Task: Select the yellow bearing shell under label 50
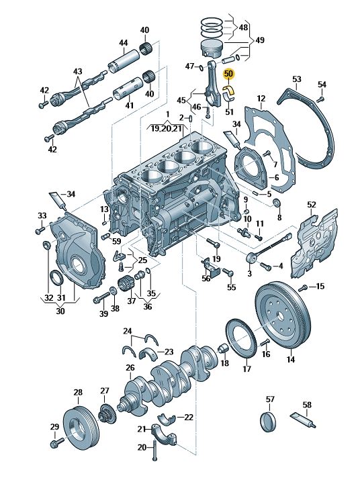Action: (x=229, y=90)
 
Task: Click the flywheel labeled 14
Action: (x=283, y=315)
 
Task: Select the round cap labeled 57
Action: (x=267, y=422)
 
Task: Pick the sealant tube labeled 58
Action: (x=303, y=420)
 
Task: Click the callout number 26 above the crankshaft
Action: (x=130, y=368)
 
